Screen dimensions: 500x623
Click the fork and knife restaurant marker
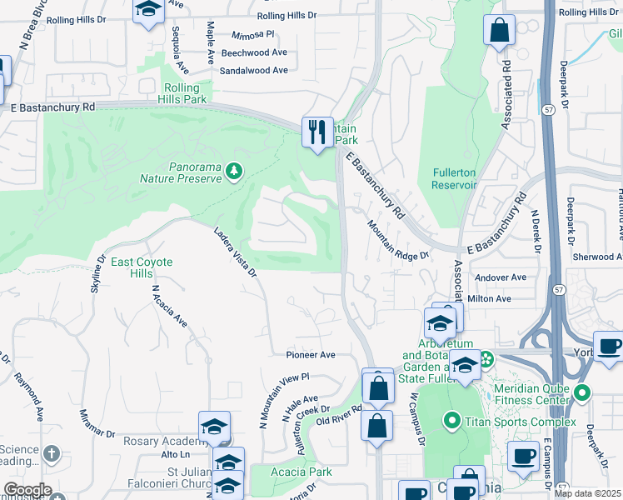click(x=316, y=132)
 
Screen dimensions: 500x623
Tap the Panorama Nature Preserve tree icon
click(x=235, y=172)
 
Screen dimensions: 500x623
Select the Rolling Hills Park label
click(x=182, y=93)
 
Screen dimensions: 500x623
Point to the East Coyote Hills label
click(x=142, y=267)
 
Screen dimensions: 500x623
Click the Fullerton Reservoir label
click(x=454, y=179)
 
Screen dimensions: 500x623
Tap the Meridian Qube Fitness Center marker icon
click(x=581, y=392)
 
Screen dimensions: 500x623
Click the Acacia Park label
click(x=302, y=472)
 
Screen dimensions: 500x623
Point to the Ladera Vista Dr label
click(x=235, y=252)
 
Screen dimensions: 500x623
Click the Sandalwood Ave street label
click(x=253, y=71)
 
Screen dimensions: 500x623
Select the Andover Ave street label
click(x=500, y=277)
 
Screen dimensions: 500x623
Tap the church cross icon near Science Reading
click(x=52, y=454)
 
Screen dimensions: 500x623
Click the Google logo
click(x=27, y=490)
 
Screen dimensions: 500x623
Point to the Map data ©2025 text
click(x=587, y=493)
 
